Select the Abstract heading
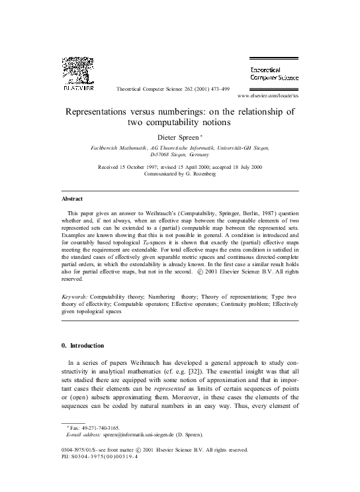click(x=72, y=198)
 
